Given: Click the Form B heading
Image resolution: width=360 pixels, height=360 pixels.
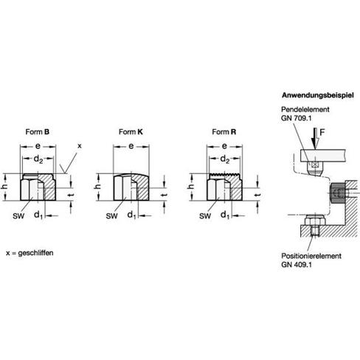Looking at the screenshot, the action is click(x=38, y=132).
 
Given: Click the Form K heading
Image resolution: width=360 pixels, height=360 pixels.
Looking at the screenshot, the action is click(x=131, y=132).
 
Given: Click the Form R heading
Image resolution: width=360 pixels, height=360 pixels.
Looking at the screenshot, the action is click(x=224, y=132).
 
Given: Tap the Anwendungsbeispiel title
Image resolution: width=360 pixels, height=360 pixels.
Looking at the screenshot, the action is click(x=318, y=95).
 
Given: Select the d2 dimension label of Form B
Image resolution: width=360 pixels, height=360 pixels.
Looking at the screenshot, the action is click(x=38, y=159).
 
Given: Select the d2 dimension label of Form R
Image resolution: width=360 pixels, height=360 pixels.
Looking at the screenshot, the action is click(x=224, y=159).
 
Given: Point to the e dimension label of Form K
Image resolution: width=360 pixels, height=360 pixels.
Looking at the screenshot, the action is click(x=131, y=146).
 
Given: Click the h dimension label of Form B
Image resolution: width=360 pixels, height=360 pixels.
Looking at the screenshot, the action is click(x=4, y=187).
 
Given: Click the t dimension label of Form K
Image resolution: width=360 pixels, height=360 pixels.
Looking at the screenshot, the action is click(x=165, y=195).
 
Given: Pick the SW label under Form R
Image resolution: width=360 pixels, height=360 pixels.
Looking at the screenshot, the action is click(x=205, y=216).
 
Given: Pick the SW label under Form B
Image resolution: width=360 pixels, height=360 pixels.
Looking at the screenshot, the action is click(x=18, y=216).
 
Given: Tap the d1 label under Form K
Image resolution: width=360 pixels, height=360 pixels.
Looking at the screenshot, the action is click(x=132, y=215).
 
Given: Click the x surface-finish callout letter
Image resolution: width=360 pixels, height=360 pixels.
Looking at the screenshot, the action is click(x=79, y=146).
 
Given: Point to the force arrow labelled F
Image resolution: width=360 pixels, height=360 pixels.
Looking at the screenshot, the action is click(x=315, y=139).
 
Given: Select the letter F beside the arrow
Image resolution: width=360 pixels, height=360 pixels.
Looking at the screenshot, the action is click(x=322, y=133).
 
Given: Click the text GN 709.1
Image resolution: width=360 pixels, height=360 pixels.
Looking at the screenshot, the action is click(x=296, y=118).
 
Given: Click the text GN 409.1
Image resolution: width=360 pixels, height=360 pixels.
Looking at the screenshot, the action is click(x=297, y=265).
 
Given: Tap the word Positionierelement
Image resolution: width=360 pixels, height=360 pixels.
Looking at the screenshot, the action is click(x=311, y=256).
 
